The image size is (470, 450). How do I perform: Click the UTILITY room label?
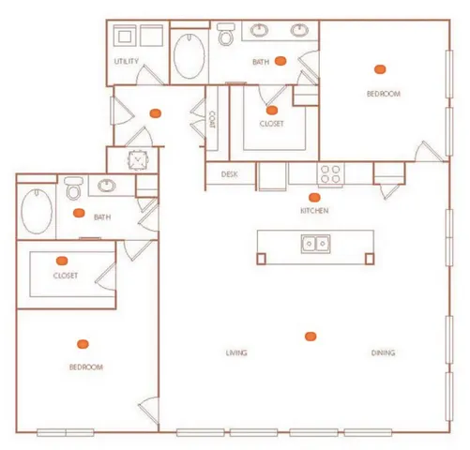point(126,62)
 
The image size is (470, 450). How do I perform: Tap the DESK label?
point(229,174)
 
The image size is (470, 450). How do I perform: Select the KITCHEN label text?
point(313,212)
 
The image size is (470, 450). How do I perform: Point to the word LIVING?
point(235,353)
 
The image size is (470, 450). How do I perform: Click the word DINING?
point(382,353)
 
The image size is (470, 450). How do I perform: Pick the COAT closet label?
point(214,120)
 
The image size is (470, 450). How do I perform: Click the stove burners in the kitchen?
point(331,173)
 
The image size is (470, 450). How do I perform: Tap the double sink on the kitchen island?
point(314,245)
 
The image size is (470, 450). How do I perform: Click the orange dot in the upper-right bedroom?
point(380,68)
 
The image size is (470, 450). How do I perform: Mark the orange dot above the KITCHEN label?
point(314,198)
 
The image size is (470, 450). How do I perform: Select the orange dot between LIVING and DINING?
point(310,336)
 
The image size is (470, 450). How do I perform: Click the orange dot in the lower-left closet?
point(62,260)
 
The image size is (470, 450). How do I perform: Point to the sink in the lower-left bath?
point(106,186)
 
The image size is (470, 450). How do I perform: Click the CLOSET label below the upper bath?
point(272,124)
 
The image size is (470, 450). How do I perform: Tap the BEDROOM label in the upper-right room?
point(383,94)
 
